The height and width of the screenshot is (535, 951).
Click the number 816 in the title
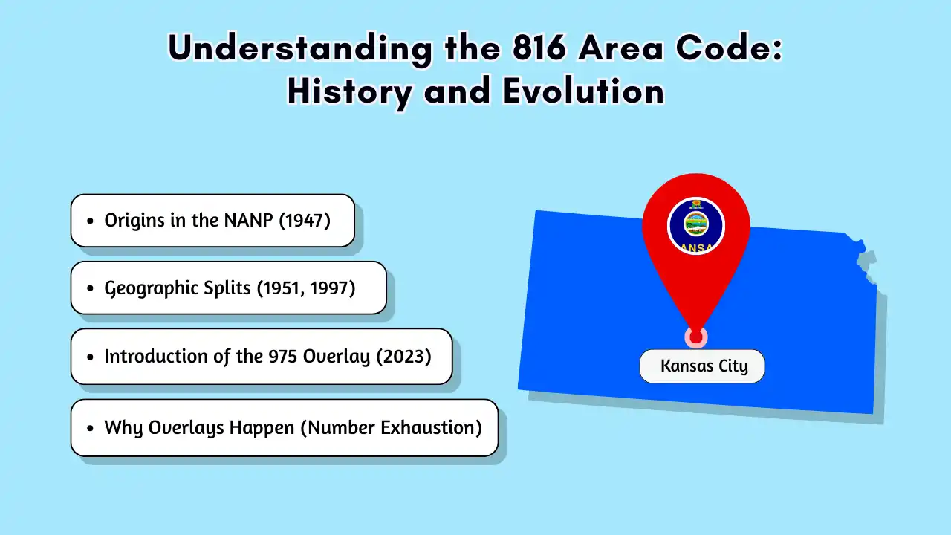point(539,48)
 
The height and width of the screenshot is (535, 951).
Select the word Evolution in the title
point(584,91)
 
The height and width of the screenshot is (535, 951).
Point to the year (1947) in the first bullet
point(305,221)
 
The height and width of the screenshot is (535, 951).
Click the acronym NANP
point(248,221)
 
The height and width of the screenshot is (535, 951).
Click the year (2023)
point(403,356)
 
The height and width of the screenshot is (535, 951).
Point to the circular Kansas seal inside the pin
point(696,226)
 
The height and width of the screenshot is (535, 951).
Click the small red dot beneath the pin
point(696,337)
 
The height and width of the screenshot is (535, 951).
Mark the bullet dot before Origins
point(90,221)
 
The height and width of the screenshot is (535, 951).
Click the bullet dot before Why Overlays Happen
point(90,428)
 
